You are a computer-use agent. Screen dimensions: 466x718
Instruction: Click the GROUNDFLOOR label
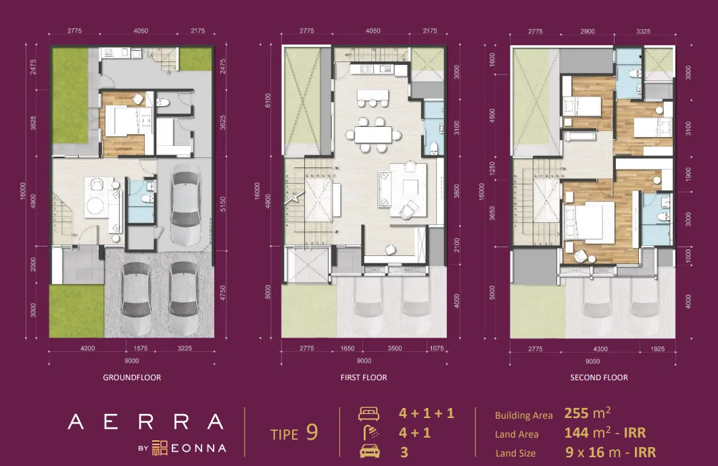coord(132,378)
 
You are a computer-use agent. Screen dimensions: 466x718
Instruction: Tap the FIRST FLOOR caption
coord(364,378)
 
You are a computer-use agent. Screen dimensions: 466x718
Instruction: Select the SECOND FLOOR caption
coord(599,378)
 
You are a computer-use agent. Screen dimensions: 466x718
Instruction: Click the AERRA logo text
coord(145,423)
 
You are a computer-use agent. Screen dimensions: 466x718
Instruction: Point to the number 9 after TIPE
coord(312,432)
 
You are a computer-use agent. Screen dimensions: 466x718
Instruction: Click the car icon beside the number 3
coord(369,452)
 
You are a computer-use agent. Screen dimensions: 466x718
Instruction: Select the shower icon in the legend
coord(369,433)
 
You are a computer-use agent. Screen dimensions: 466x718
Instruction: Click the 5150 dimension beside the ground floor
coord(224,201)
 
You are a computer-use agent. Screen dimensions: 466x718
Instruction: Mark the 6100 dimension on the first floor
coord(268,101)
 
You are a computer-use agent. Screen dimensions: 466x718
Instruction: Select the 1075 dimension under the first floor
coord(437,348)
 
